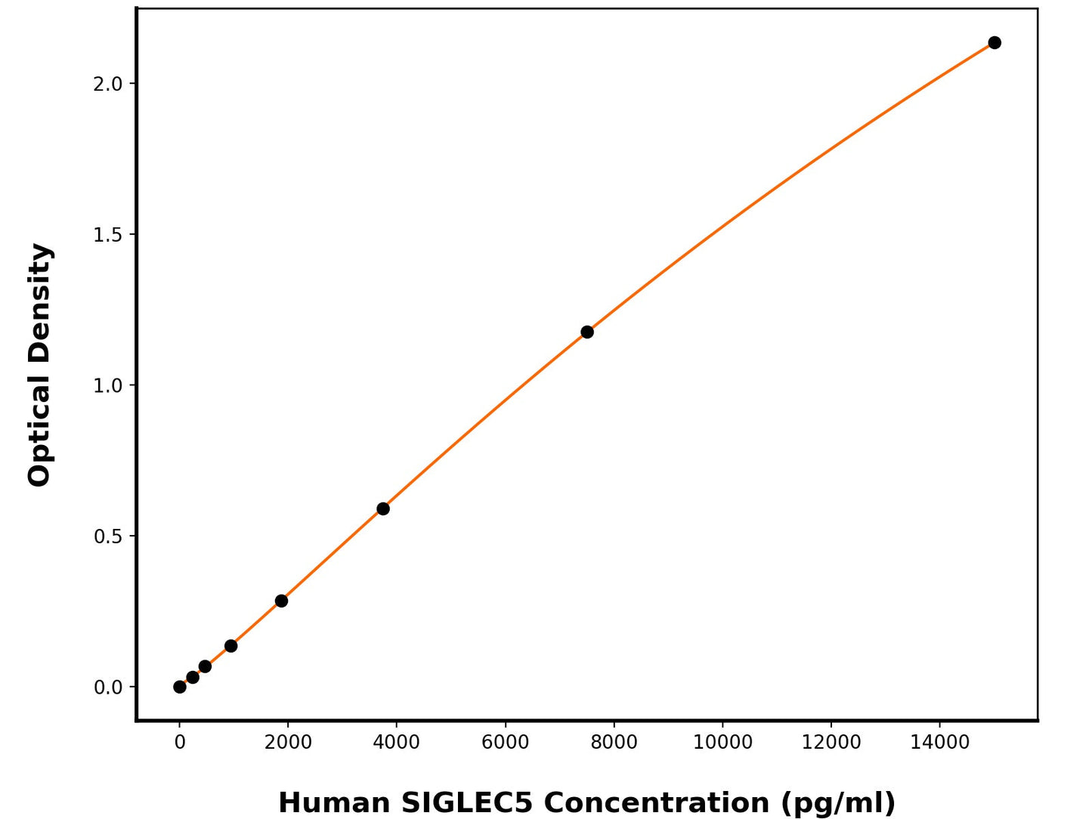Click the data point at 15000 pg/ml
point(995,42)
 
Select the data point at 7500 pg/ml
point(587,332)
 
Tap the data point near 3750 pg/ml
point(383,508)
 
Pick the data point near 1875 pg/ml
point(281,601)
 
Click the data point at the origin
point(180,687)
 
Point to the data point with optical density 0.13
point(231,646)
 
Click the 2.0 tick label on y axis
point(107,84)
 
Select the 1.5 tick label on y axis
point(107,235)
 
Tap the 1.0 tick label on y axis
point(107,386)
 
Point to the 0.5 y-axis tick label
point(107,536)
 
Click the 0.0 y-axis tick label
point(107,688)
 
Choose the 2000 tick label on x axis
point(288,743)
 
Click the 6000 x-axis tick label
point(505,743)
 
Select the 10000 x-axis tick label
point(722,743)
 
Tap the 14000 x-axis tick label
point(939,743)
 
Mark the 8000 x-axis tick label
point(614,743)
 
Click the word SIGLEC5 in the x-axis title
point(467,802)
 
